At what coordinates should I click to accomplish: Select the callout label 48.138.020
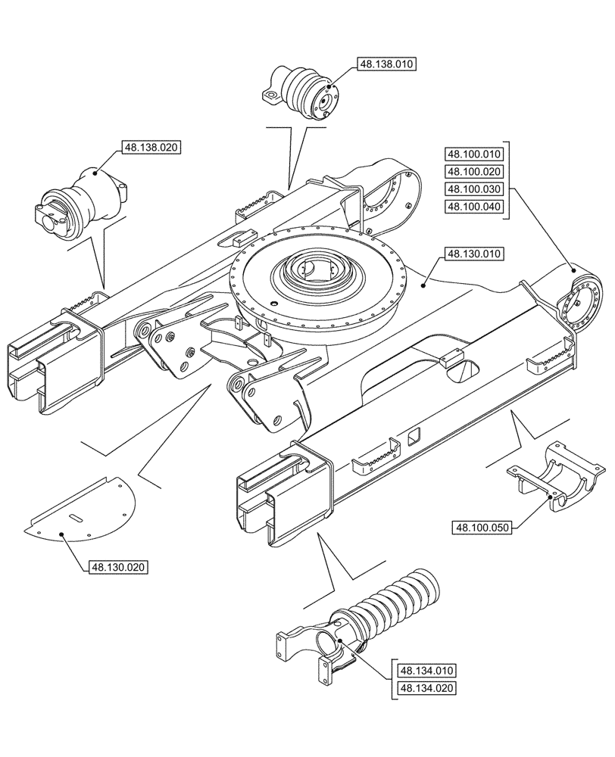coord(151,148)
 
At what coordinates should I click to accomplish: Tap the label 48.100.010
coord(474,152)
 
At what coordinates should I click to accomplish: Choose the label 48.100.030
coord(474,188)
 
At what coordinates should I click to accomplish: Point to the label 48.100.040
coord(474,207)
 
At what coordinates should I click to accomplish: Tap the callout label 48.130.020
coord(120,567)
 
